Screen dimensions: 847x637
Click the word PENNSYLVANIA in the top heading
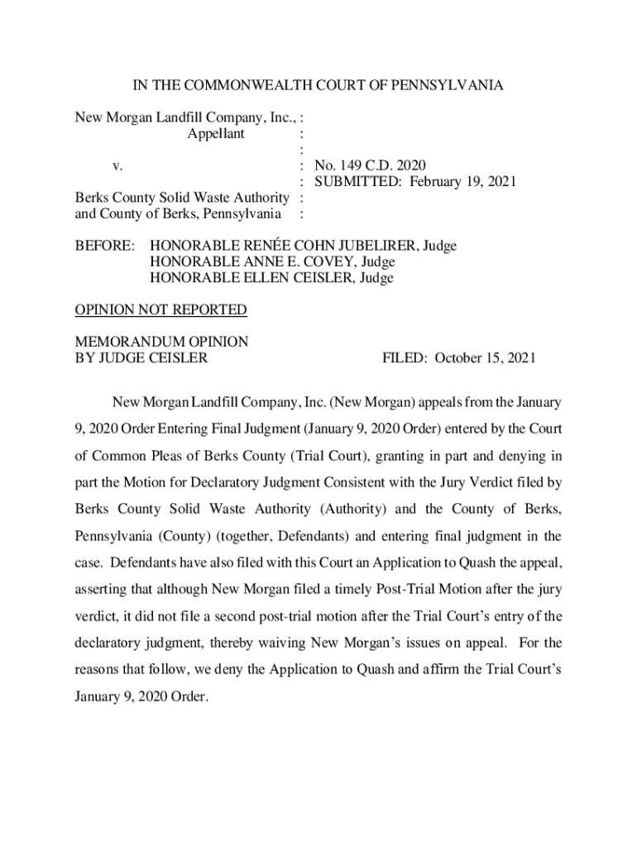pyautogui.click(x=453, y=86)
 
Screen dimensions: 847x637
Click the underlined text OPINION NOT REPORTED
pyautogui.click(x=160, y=310)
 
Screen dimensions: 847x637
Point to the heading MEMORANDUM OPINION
pyautogui.click(x=161, y=342)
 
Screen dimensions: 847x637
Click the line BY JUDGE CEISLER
pyautogui.click(x=141, y=358)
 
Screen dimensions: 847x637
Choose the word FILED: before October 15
pyautogui.click(x=405, y=358)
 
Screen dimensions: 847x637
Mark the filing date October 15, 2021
pyautogui.click(x=486, y=358)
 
